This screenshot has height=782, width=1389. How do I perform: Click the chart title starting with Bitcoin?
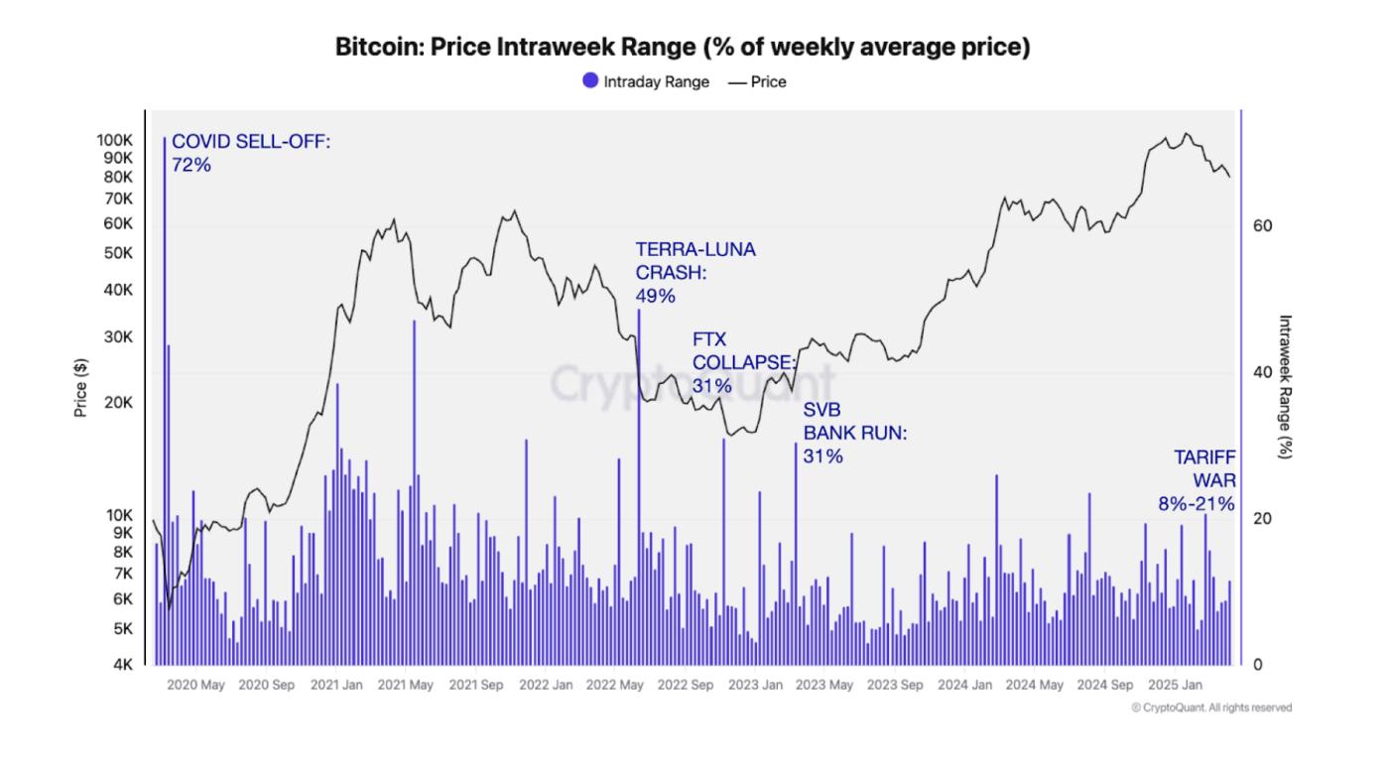tap(683, 48)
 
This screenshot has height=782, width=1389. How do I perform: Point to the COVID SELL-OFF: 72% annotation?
tap(250, 153)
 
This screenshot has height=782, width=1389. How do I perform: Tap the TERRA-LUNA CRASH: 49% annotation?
tap(694, 273)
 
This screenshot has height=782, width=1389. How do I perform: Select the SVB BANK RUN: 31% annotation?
tap(855, 433)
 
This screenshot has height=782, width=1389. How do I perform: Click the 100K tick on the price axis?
tap(115, 140)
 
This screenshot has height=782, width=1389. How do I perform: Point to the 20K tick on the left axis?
tap(119, 403)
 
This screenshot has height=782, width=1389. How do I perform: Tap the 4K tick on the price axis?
tap(123, 665)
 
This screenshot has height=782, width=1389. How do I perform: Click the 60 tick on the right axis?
tap(1262, 226)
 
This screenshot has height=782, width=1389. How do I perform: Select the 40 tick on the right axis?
tap(1262, 372)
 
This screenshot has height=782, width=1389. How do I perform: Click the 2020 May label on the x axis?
tap(195, 685)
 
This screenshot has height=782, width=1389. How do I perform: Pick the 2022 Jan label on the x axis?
tap(546, 685)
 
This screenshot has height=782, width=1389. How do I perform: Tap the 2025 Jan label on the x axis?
tap(1175, 685)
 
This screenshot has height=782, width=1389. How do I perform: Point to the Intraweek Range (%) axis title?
tap(1285, 386)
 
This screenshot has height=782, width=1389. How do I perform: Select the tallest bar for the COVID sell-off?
tap(165, 397)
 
